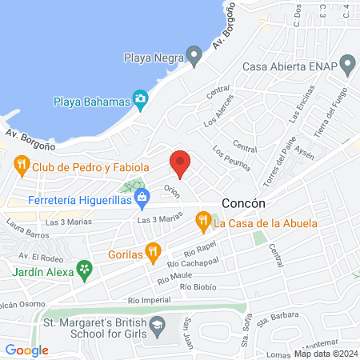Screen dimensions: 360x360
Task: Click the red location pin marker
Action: pyautogui.click(x=181, y=164)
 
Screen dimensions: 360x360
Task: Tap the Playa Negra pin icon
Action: pyautogui.click(x=193, y=57)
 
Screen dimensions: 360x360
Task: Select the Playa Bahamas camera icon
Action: pyautogui.click(x=141, y=101)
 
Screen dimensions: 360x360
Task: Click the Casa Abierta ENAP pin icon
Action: pyautogui.click(x=347, y=63)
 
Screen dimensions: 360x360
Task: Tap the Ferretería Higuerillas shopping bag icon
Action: pyautogui.click(x=142, y=196)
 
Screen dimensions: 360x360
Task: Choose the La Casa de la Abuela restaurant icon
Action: pyautogui.click(x=203, y=219)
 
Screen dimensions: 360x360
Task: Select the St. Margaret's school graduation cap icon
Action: pyautogui.click(x=158, y=325)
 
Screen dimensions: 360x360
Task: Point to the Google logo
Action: pyautogui.click(x=26, y=350)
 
